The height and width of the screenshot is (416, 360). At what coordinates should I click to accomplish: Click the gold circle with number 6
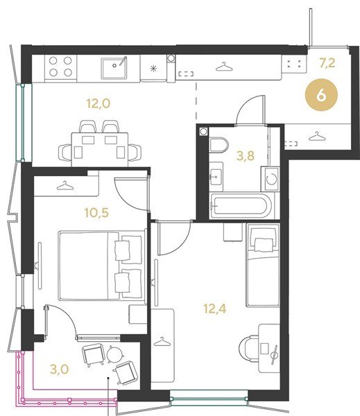point(321,95)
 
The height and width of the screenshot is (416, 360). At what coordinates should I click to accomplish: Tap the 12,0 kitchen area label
point(98,103)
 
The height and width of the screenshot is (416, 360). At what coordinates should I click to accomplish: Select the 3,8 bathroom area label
point(246,156)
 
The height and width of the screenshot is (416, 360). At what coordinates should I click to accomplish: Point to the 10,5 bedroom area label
point(96,213)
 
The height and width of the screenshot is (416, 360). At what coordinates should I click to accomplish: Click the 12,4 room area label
point(214,309)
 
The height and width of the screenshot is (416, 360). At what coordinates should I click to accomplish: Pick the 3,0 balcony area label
point(59,369)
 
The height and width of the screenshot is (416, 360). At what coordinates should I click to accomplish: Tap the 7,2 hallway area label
point(327,63)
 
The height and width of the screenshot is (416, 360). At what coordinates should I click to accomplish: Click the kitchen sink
point(114,68)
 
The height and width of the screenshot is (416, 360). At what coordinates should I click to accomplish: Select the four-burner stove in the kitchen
point(60,67)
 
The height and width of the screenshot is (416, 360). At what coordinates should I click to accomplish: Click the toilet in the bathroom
point(218,145)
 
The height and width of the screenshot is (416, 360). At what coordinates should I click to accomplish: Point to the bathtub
point(241,206)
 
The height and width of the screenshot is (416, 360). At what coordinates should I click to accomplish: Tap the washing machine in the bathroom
point(271,179)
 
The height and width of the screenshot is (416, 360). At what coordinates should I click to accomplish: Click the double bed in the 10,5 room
point(102,266)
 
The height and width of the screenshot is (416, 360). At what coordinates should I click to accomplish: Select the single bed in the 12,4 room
point(263,265)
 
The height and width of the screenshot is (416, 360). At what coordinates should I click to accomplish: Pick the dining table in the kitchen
point(100,150)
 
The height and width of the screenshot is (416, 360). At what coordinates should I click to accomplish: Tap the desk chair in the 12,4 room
point(249,349)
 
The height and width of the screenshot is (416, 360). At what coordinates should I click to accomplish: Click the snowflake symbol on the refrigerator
point(153,69)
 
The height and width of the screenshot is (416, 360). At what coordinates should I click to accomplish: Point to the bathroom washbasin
point(216,177)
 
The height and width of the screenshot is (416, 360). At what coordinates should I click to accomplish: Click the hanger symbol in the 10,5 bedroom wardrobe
point(65,185)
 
